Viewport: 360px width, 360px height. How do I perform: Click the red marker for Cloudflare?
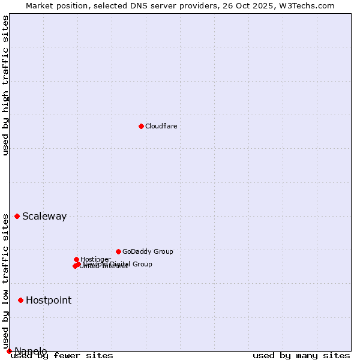point(141,126)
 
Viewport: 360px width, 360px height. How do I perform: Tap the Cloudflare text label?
point(161,126)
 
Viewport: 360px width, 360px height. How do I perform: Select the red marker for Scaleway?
point(17,216)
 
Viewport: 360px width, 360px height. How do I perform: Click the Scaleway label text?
point(44,217)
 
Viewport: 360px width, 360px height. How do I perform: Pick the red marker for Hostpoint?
point(20,300)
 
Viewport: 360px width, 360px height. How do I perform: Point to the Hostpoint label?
point(49,301)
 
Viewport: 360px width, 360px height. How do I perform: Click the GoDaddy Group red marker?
point(118,251)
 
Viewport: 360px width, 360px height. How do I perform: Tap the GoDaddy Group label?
point(148,252)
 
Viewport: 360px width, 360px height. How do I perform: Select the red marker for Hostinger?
point(76,259)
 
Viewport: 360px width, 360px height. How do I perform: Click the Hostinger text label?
point(96,259)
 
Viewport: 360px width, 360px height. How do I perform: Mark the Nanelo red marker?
point(9,351)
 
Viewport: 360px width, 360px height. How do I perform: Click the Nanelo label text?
point(31,351)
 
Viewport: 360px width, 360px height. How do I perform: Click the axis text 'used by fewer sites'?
point(62,356)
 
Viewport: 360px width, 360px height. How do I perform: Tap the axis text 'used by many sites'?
point(301,356)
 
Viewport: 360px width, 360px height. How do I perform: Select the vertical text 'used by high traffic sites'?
point(6,85)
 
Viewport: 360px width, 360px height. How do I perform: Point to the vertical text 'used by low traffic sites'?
point(6,282)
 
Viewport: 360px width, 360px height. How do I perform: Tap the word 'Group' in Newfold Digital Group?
point(142,264)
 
